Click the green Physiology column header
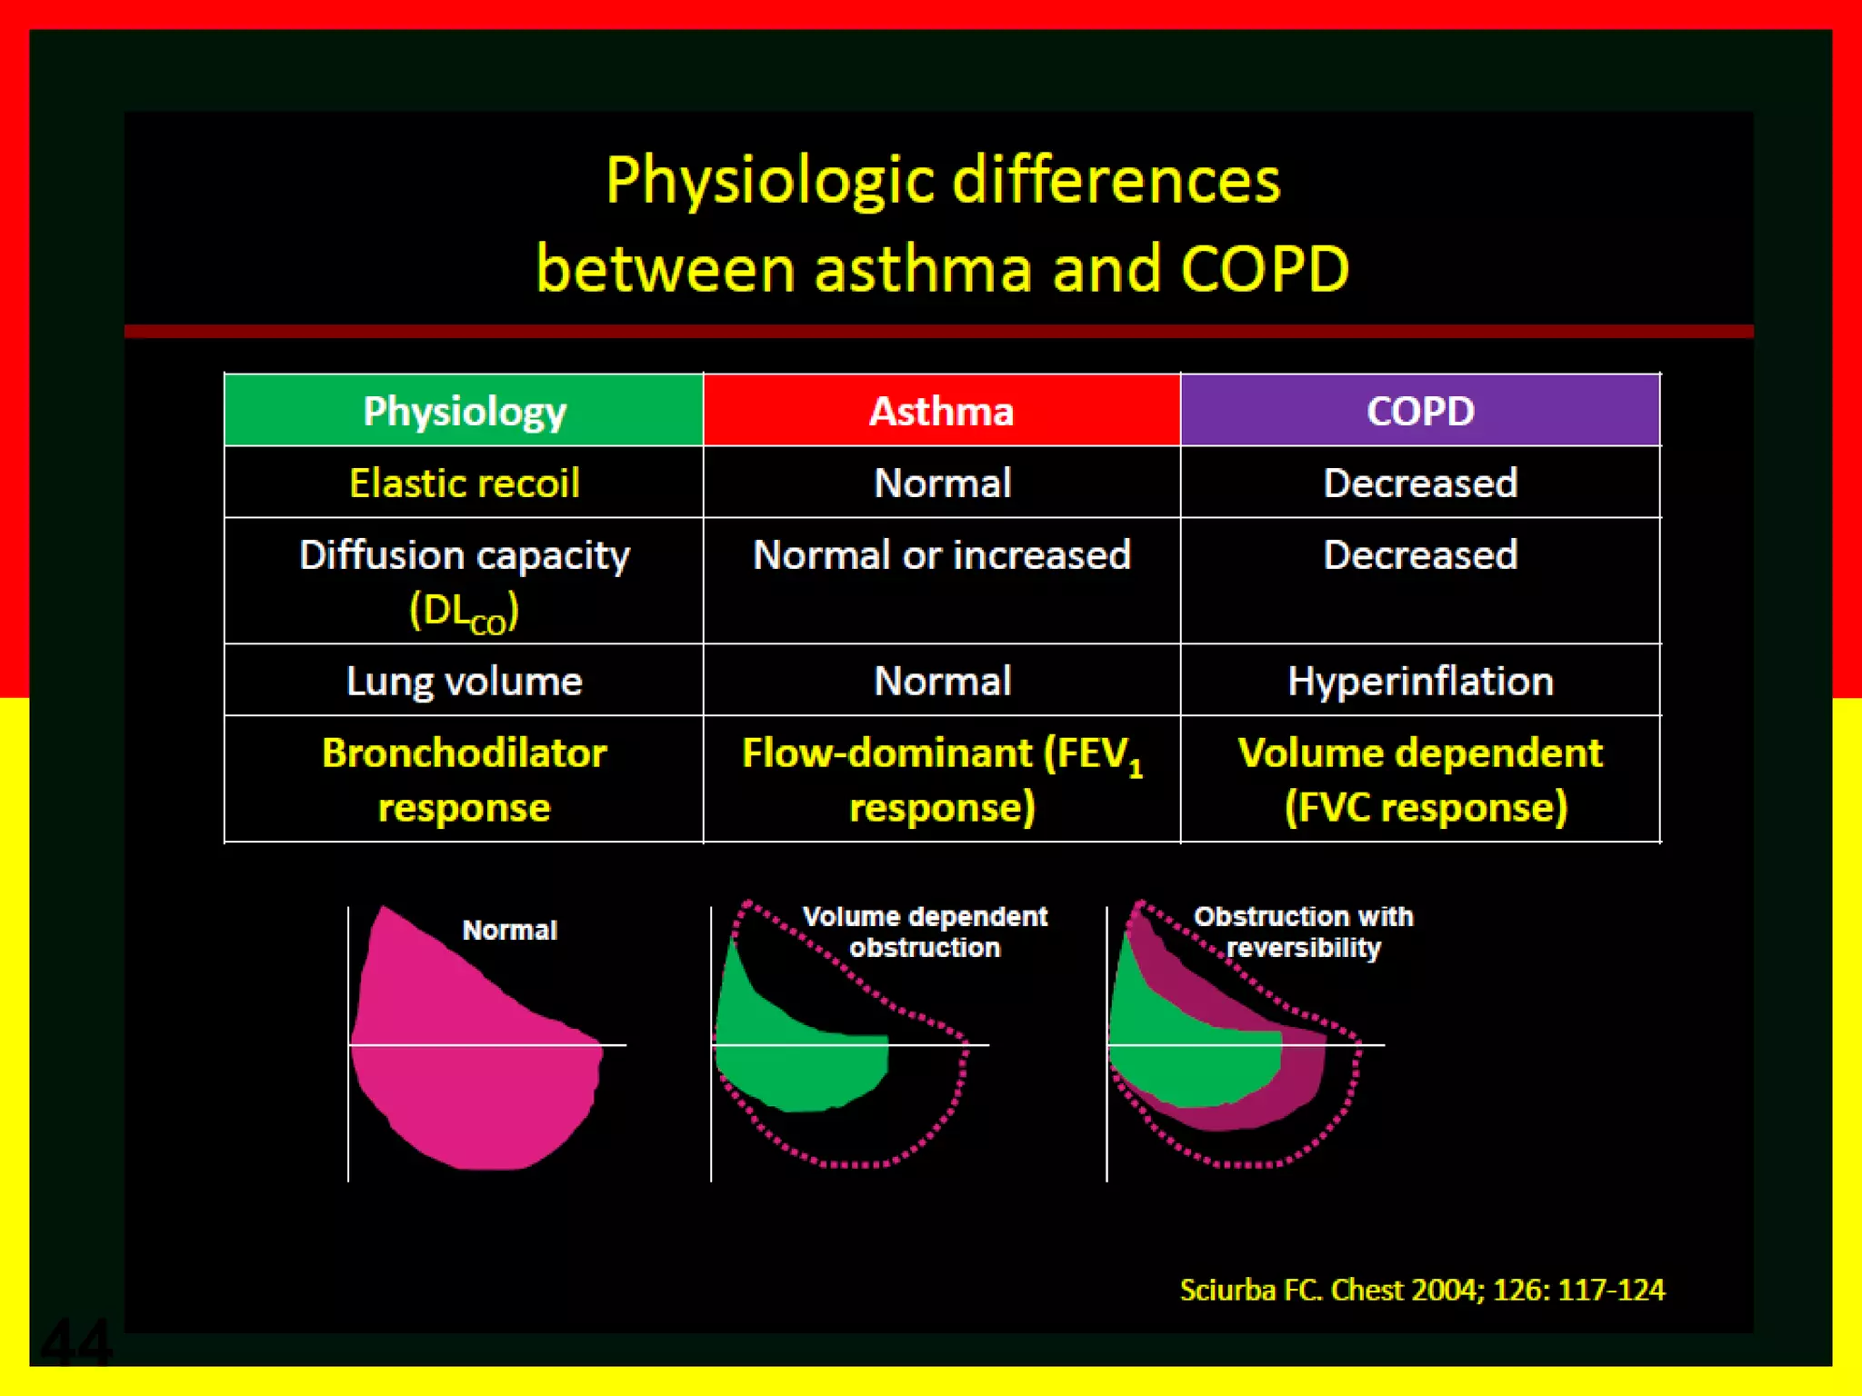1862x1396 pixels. (x=464, y=411)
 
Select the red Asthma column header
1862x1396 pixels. (x=941, y=411)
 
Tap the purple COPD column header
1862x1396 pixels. (x=1420, y=411)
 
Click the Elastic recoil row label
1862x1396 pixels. (x=464, y=483)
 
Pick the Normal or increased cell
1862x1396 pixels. (x=941, y=555)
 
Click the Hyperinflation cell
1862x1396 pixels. (x=1420, y=681)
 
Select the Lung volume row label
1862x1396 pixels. (x=464, y=681)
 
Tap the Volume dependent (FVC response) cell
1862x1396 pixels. (x=1420, y=780)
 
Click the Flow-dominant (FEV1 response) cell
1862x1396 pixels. (x=941, y=780)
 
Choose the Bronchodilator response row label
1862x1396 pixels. (x=464, y=780)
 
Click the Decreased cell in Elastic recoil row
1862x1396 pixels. (x=1420, y=483)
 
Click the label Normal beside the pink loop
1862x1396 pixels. (x=509, y=930)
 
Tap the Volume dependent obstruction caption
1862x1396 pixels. (x=925, y=932)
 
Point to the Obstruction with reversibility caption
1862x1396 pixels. (x=1303, y=932)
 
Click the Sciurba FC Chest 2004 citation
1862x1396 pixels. (x=1422, y=1290)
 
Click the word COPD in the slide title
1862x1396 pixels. (x=1265, y=269)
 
